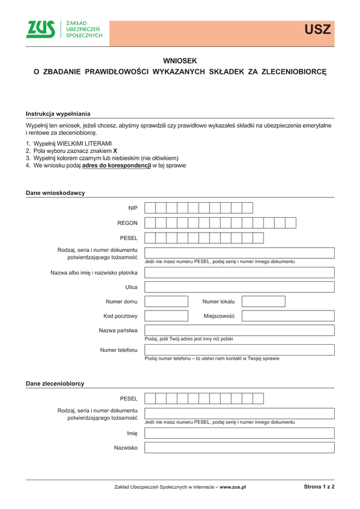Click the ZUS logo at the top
[41, 29]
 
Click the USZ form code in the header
[317, 29]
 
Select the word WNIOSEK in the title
[180, 61]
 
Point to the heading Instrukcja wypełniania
[58, 113]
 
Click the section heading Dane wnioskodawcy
[55, 193]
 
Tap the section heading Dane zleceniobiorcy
[55, 383]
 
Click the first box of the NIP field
[150, 208]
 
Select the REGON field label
[128, 223]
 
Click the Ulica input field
[239, 287]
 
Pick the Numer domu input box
[166, 302]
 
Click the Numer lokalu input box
[263, 302]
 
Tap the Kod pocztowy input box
[166, 316]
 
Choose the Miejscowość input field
[287, 316]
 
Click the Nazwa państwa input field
[239, 330]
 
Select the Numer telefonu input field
[239, 350]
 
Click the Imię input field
[239, 433]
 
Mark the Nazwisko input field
[239, 447]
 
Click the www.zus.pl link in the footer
[233, 487]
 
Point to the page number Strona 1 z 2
[319, 487]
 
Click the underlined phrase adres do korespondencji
[116, 165]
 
